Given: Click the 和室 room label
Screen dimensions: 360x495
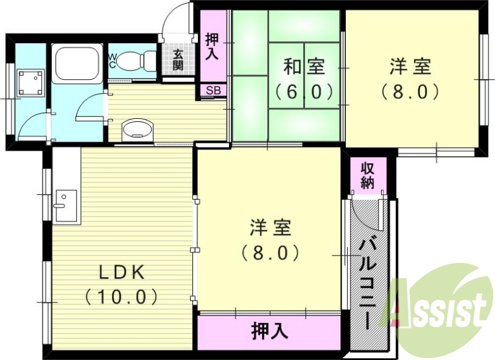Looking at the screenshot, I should pos(304,66).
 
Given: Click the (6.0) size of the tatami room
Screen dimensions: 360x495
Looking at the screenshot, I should pos(304,92).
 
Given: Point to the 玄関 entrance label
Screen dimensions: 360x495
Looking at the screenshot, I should pos(178,60).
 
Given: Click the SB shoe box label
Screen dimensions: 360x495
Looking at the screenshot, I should pos(213,90).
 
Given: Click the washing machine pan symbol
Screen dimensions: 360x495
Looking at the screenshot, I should pos(27,82).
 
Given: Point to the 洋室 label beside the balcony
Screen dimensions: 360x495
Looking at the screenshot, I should pos(270,228).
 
